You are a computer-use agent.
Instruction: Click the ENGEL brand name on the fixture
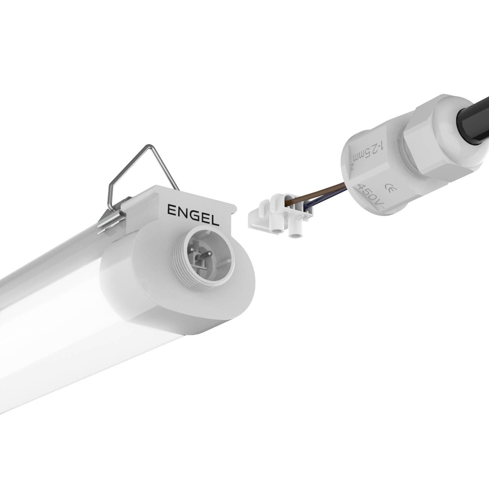(193, 215)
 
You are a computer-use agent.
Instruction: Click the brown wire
(319, 192)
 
